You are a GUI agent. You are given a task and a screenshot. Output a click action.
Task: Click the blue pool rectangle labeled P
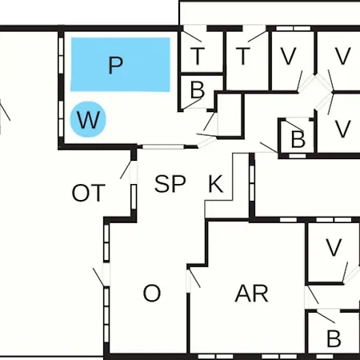click(120, 65)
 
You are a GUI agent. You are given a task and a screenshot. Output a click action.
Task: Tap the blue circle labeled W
click(88, 119)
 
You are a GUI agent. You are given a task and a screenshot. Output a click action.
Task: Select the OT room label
click(89, 193)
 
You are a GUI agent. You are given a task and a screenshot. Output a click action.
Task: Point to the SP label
click(170, 184)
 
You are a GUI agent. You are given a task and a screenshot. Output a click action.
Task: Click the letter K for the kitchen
click(215, 184)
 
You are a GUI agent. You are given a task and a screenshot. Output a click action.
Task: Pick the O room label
click(152, 293)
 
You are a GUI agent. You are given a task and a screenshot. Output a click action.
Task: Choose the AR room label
click(251, 294)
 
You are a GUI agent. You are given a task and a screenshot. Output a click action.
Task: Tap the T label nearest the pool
click(198, 56)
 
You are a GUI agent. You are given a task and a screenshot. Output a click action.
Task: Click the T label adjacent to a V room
click(243, 56)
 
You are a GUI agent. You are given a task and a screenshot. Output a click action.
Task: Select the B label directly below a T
click(198, 90)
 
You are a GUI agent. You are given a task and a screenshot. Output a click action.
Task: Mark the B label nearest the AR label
click(334, 338)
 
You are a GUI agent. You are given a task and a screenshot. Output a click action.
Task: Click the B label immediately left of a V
click(298, 139)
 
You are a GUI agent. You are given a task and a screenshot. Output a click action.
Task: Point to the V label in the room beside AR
click(334, 247)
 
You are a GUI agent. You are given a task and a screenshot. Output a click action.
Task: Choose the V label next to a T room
click(289, 56)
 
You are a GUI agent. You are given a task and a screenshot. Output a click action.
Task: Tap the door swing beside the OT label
click(126, 170)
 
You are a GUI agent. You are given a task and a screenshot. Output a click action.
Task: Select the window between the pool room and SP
click(163, 146)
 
